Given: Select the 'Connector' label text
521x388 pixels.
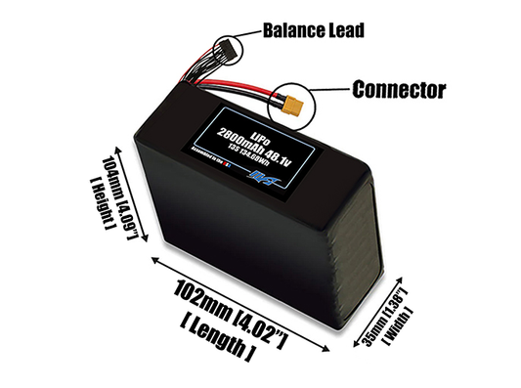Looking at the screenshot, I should tap(399, 90).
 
